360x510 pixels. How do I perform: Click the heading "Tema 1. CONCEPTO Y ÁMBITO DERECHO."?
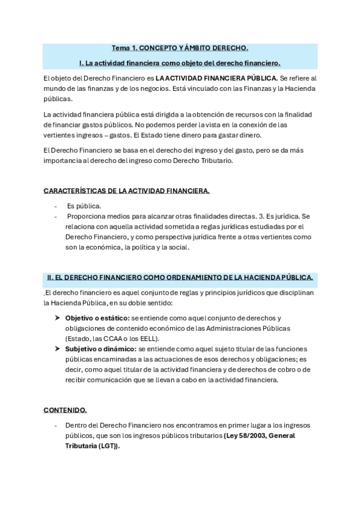(180, 48)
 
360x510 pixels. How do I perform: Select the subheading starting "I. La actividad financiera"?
(180, 63)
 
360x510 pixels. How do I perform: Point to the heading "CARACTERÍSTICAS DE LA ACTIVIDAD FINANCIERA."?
(127, 191)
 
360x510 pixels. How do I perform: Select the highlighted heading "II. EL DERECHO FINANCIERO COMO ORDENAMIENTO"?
(180, 277)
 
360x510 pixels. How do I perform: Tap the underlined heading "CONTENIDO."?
(65, 410)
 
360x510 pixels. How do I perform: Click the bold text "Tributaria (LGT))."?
(93, 446)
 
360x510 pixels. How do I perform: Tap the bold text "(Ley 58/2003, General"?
(259, 435)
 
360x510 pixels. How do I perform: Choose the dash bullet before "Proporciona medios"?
(56, 216)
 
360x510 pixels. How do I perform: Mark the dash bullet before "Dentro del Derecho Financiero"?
(56, 425)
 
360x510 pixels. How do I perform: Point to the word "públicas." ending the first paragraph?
(58, 99)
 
